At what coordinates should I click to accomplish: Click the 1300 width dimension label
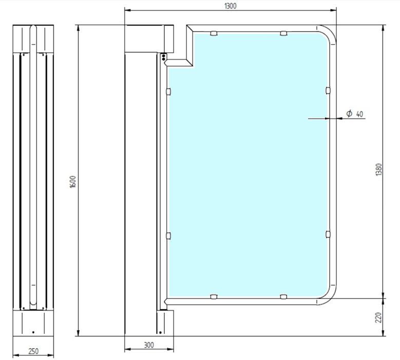point(231,6)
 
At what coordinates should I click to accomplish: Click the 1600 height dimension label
point(73,182)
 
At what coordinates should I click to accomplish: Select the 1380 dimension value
point(378,169)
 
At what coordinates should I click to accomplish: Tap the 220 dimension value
point(378,317)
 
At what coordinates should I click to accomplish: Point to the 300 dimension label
point(149,345)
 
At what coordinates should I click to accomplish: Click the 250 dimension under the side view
point(33,351)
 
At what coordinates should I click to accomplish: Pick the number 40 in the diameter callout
point(359,114)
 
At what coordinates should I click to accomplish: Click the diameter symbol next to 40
point(349,113)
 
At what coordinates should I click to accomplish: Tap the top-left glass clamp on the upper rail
point(214,33)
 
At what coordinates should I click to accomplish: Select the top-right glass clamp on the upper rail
point(283,33)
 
